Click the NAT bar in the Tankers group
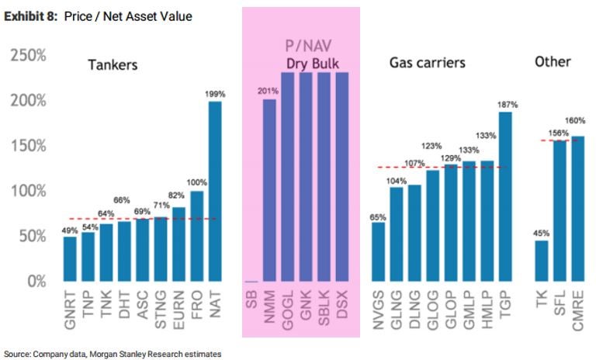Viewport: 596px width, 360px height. [215, 191]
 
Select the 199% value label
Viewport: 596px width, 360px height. [215, 94]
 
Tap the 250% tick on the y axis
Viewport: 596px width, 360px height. [27, 56]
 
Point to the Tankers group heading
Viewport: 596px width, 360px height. [113, 65]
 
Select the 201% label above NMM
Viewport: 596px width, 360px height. [269, 92]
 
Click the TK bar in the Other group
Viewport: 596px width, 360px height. [541, 261]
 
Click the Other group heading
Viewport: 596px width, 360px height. [553, 61]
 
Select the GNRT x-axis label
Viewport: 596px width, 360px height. [70, 309]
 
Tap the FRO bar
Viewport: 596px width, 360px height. [196, 236]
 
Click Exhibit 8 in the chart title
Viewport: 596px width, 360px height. [29, 16]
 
